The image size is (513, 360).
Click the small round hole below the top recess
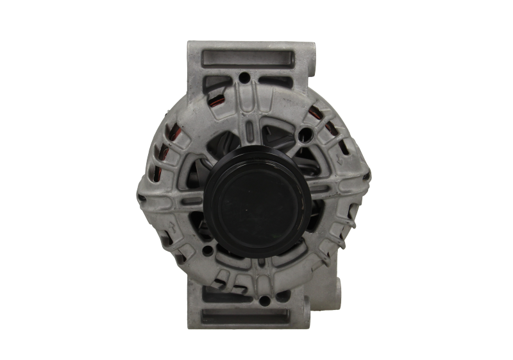tap(244, 79)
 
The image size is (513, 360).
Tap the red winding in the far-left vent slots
tap(160, 154)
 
